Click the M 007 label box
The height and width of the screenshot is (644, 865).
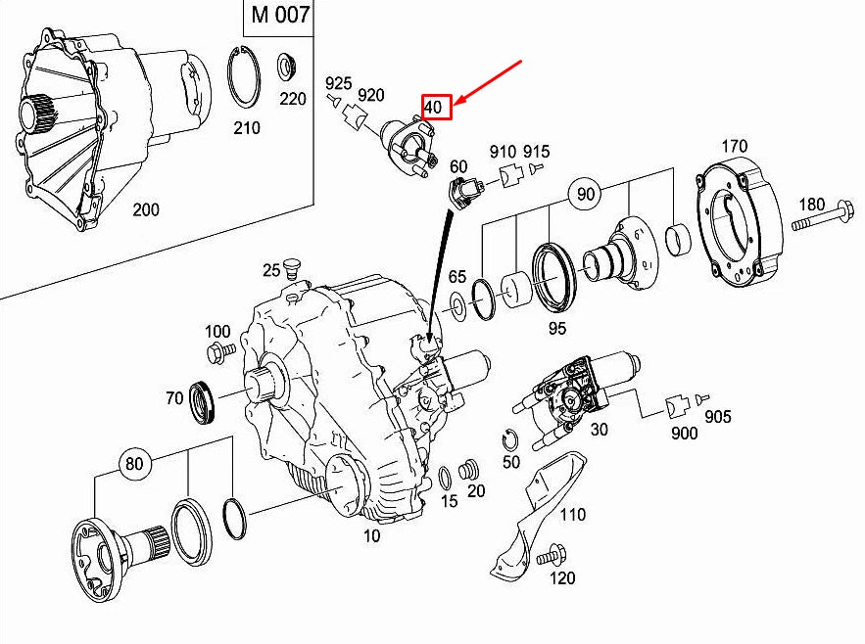point(279,17)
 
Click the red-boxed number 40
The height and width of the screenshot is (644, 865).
point(436,107)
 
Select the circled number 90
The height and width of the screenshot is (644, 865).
point(585,195)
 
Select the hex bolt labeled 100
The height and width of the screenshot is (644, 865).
point(219,350)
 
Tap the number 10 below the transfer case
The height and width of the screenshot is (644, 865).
point(372,535)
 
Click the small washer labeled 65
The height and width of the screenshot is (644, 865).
point(457,307)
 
